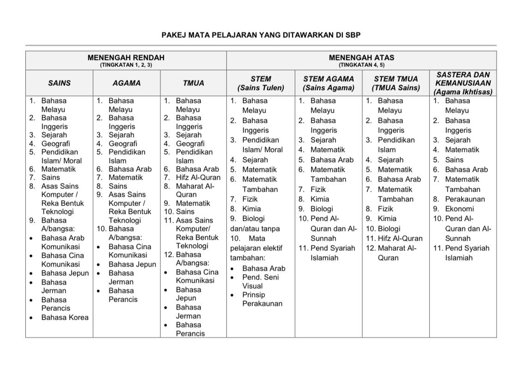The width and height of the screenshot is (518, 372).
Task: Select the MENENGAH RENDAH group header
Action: (x=126, y=58)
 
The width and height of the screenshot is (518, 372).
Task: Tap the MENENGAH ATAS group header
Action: (x=361, y=58)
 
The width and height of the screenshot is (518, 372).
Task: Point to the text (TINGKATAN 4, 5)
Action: (x=361, y=65)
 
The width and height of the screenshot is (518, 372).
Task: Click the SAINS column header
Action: (x=59, y=83)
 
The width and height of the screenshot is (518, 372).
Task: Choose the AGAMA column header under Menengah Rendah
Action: (x=127, y=83)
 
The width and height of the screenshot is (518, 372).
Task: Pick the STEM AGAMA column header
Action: (x=328, y=83)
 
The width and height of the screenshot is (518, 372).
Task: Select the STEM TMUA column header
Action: (x=396, y=83)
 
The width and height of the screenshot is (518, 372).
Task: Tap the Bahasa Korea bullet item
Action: (x=65, y=317)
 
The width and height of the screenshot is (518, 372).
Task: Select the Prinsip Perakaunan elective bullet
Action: (x=262, y=299)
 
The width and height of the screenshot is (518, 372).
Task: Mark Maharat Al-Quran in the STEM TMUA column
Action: (x=397, y=253)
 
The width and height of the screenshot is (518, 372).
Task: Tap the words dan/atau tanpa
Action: (x=255, y=229)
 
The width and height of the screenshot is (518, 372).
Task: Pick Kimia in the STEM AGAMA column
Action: (x=320, y=199)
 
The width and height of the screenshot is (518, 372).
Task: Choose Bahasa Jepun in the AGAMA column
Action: (x=132, y=264)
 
